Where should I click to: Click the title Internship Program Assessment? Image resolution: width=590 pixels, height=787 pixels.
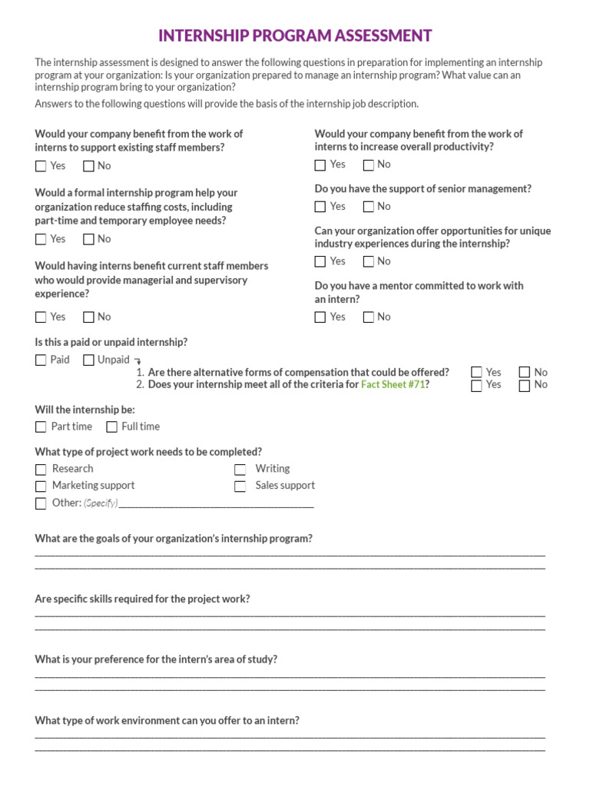point(295,36)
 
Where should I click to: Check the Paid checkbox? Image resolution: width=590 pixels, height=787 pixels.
point(41,360)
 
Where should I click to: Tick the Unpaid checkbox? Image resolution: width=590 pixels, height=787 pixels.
point(89,360)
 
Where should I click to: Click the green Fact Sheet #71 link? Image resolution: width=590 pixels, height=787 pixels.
point(393,384)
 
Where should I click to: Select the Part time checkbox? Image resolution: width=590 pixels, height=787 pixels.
point(41,427)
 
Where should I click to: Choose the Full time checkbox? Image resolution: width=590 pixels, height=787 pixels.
point(112,427)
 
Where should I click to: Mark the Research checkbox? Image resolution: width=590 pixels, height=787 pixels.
point(41,469)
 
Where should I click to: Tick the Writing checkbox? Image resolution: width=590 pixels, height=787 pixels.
point(240,469)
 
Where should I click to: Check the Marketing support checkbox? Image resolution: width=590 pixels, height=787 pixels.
point(41,486)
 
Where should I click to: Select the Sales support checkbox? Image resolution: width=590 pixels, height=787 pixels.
point(240,486)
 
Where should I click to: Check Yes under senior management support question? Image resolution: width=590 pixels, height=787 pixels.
point(320,207)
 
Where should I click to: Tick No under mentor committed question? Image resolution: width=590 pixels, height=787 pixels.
point(368,317)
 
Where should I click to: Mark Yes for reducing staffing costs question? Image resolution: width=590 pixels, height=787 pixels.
point(41,240)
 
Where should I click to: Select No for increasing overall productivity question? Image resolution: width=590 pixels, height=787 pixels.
point(368,165)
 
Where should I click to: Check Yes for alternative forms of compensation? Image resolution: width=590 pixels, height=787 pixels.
point(477,373)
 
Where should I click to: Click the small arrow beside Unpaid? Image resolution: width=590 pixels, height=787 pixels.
point(138,360)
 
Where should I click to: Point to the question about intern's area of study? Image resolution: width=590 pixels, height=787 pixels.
point(156,659)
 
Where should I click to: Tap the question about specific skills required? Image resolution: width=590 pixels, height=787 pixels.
point(142,599)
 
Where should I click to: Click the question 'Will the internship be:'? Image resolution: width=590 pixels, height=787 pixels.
point(85,410)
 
